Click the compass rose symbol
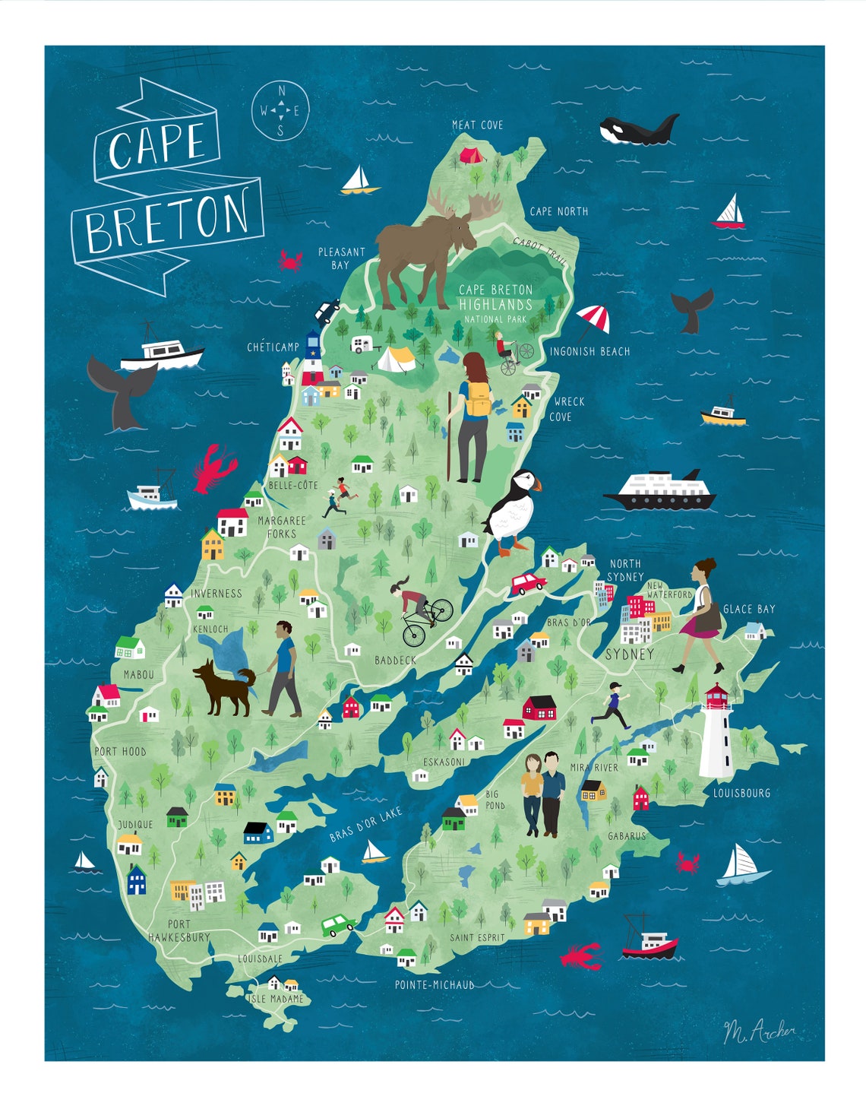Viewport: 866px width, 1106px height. (280, 111)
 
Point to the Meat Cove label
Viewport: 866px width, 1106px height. (477, 125)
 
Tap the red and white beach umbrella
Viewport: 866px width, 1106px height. (593, 318)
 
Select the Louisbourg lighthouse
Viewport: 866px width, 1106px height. (716, 731)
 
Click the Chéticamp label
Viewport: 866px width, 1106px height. (273, 347)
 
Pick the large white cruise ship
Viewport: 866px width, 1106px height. (660, 491)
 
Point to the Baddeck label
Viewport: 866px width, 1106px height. (395, 660)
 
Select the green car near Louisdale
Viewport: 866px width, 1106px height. (337, 924)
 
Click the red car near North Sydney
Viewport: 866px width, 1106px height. (528, 583)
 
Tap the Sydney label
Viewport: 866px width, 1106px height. (629, 654)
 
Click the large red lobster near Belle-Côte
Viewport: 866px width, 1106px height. (213, 467)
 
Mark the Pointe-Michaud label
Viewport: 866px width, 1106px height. (435, 984)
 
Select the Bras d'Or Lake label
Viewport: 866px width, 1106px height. (365, 824)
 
